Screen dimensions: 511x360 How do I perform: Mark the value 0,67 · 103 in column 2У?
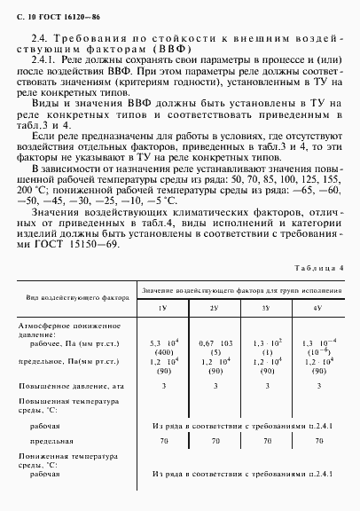pos(213,341)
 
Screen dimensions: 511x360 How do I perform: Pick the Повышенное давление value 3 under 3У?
pos(265,386)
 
